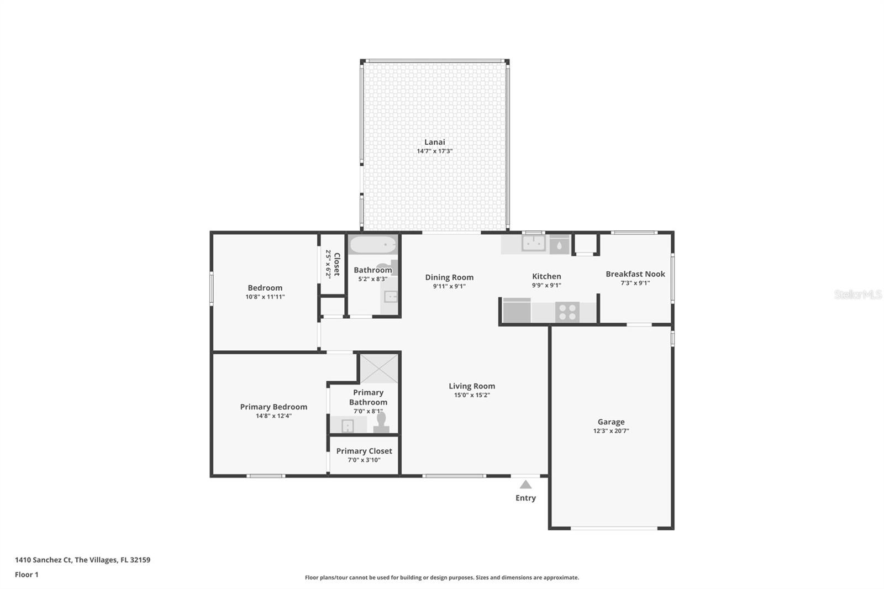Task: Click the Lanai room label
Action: [434, 142]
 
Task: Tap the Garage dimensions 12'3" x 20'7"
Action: [611, 430]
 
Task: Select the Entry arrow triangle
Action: [525, 485]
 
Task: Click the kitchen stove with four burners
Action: [567, 312]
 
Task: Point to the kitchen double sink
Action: [534, 244]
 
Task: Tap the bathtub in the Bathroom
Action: [372, 245]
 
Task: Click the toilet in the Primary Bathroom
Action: [381, 422]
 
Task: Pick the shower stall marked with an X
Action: [379, 369]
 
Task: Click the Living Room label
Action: [472, 386]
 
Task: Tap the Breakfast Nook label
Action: [635, 274]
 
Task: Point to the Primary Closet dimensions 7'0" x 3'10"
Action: [364, 460]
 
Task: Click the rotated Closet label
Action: [336, 264]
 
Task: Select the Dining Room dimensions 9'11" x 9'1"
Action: [449, 286]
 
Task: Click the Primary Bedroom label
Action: [273, 407]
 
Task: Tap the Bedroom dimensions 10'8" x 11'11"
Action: [265, 297]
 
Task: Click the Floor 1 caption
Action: [27, 575]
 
